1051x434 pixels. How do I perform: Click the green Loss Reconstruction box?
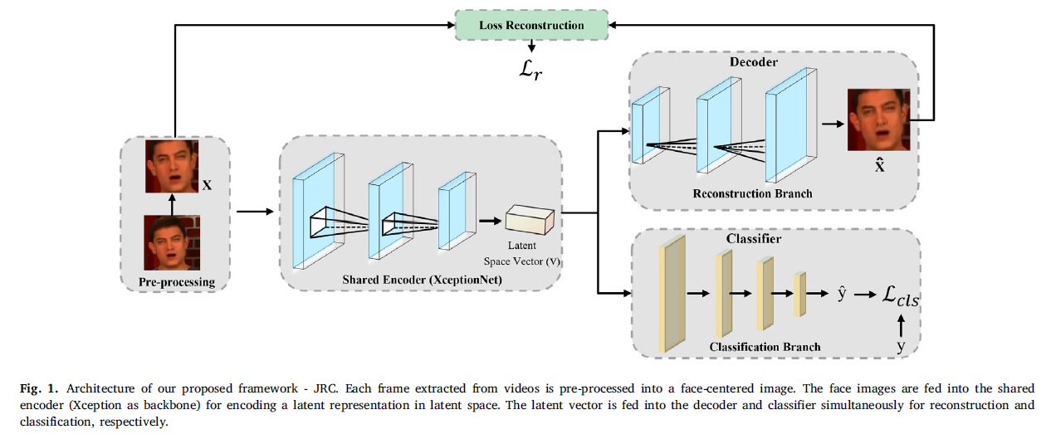pyautogui.click(x=531, y=25)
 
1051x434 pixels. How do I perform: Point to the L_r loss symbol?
pyautogui.click(x=530, y=71)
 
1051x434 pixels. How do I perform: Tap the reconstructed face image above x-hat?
pyautogui.click(x=878, y=120)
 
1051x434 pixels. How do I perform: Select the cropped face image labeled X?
pyautogui.click(x=172, y=167)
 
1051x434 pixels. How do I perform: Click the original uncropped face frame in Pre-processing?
pyautogui.click(x=172, y=242)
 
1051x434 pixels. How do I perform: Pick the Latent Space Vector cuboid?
pyautogui.click(x=530, y=220)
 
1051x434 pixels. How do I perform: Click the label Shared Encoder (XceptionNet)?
pyautogui.click(x=422, y=280)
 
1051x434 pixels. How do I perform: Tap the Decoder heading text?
pyautogui.click(x=754, y=62)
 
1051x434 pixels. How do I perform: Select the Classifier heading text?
pyautogui.click(x=754, y=239)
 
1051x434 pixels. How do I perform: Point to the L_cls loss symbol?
pyautogui.click(x=901, y=296)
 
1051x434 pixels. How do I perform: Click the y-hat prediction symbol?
pyautogui.click(x=842, y=293)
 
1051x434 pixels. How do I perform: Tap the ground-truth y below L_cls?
pyautogui.click(x=901, y=346)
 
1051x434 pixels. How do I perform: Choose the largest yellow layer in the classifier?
pyautogui.click(x=672, y=294)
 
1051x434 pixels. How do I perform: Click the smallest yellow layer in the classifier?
pyautogui.click(x=800, y=295)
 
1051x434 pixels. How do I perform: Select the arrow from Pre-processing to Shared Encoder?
pyautogui.click(x=255, y=212)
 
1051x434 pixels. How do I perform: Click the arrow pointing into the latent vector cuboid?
pyautogui.click(x=491, y=221)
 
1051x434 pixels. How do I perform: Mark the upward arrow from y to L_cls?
pyautogui.click(x=901, y=325)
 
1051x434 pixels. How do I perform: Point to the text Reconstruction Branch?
pyautogui.click(x=753, y=194)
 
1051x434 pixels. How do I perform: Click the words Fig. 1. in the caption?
pyautogui.click(x=39, y=388)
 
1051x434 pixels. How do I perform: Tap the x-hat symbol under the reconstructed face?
pyautogui.click(x=879, y=165)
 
